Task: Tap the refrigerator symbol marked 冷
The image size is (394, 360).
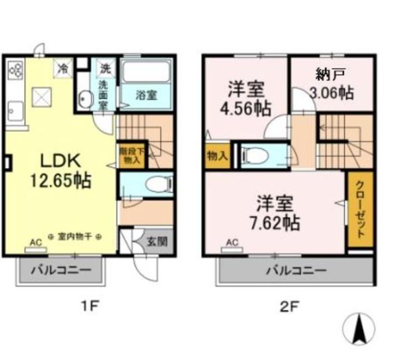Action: coord(63,68)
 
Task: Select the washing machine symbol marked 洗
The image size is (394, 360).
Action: coord(106,68)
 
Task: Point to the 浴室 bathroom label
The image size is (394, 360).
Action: coord(146,95)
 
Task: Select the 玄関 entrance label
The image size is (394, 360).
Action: coord(157,242)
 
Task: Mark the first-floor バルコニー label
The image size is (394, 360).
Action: coord(61,271)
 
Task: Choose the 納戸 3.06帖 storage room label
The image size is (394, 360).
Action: coord(332,84)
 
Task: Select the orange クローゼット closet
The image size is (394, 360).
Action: coord(361,209)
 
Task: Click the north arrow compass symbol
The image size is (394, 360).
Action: coord(359,329)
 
